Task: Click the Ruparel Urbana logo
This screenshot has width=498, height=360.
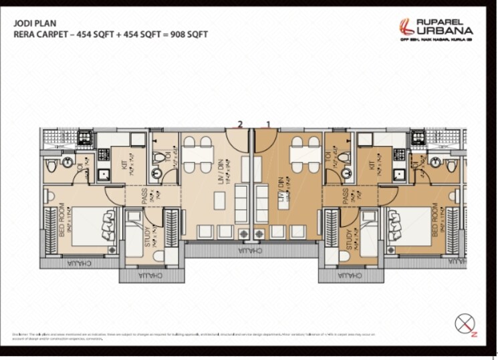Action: (435, 29)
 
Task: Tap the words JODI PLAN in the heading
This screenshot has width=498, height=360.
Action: (33, 21)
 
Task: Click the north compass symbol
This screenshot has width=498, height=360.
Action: (465, 324)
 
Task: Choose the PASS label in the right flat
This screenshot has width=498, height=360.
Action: (345, 196)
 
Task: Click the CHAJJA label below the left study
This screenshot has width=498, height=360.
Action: (151, 276)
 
